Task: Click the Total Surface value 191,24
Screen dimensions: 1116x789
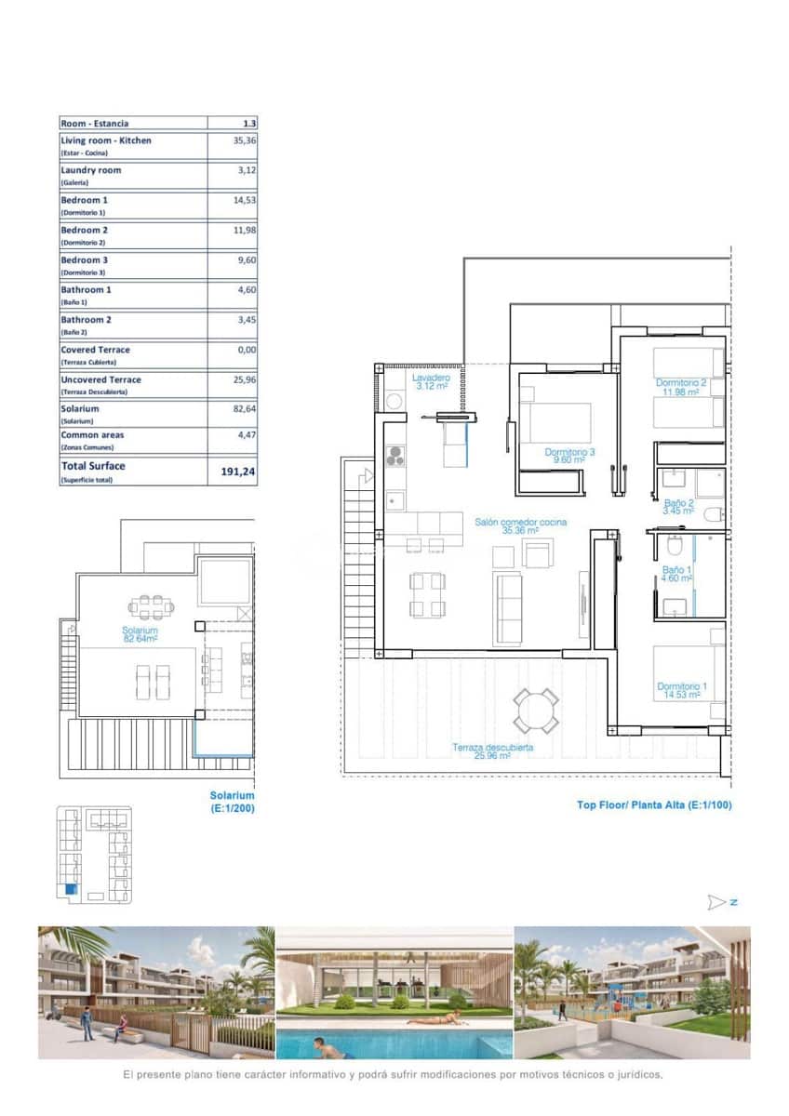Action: pos(237,472)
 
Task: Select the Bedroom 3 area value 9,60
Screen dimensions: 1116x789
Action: pos(246,260)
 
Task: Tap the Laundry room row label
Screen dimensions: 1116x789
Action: pos(91,171)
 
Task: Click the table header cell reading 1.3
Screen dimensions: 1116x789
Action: pos(248,123)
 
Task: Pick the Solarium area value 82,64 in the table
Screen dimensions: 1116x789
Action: pos(244,408)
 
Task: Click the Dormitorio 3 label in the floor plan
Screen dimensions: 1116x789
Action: pos(569,456)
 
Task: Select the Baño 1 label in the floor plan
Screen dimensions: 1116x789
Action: pos(676,574)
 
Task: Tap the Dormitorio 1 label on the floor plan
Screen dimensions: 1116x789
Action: pos(681,690)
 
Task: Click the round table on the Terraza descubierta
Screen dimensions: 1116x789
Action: pos(536,710)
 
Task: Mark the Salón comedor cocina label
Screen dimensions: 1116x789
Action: pos(520,527)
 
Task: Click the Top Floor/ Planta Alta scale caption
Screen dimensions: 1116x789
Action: pos(653,804)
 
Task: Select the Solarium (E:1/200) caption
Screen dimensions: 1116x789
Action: pos(232,802)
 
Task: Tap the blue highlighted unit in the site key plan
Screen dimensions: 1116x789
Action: pos(72,890)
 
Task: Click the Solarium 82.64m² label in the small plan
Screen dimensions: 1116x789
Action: pos(139,634)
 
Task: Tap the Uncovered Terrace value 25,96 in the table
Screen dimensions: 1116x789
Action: pos(244,379)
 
